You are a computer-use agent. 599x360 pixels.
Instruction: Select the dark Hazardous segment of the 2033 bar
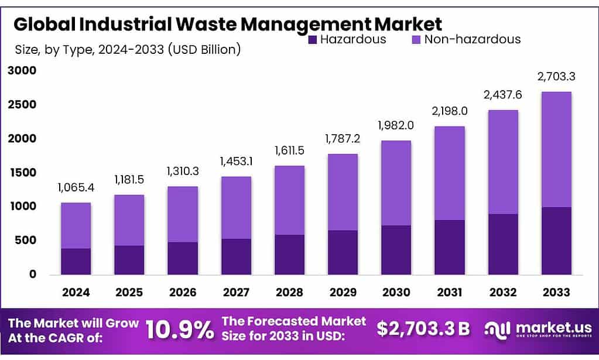pos(556,241)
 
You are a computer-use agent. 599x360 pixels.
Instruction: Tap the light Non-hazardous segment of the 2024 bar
pos(76,225)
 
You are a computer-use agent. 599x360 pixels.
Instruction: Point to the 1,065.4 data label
pos(76,188)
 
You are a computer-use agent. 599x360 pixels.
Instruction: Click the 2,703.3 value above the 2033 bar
pos(556,77)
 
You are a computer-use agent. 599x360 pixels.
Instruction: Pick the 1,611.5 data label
pos(289,151)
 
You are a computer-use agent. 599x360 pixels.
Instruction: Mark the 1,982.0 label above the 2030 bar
pos(396,126)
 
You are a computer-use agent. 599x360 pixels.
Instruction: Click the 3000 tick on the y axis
pos(22,71)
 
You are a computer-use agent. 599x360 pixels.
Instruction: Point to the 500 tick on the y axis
pos(26,241)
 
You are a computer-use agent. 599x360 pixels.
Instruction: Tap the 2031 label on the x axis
pos(449,292)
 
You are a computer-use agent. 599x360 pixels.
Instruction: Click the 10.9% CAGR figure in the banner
pos(179,330)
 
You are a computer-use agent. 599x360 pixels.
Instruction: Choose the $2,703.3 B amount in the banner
pos(423,329)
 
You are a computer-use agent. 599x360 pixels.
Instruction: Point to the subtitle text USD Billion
pos(204,49)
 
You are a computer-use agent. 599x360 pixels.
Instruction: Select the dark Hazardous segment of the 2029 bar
pos(343,252)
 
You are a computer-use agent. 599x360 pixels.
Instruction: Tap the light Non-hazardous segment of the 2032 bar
pos(503,162)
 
